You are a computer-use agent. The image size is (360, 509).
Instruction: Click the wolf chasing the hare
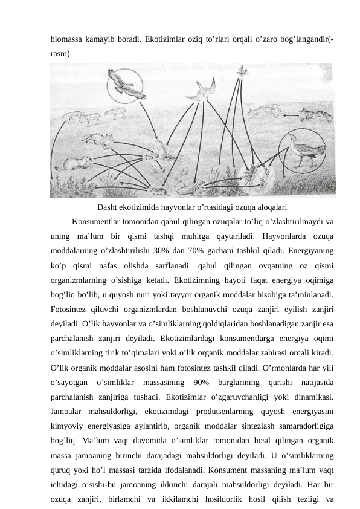pyautogui.click(x=314, y=115)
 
